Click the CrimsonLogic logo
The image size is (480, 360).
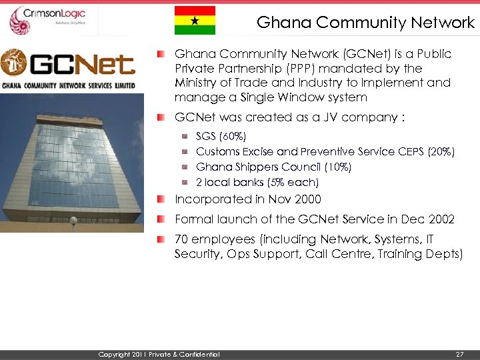(50, 20)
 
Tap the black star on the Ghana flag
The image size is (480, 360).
(195, 21)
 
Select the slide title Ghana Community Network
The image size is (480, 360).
(365, 23)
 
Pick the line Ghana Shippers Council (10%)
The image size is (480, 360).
(273, 167)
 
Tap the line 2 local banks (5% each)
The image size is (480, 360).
(257, 182)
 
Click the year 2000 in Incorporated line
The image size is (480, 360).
(307, 199)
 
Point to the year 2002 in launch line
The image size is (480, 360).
(441, 219)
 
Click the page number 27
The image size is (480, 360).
(459, 354)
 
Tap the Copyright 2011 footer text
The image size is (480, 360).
(158, 354)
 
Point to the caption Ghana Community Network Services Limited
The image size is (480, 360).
(68, 85)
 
